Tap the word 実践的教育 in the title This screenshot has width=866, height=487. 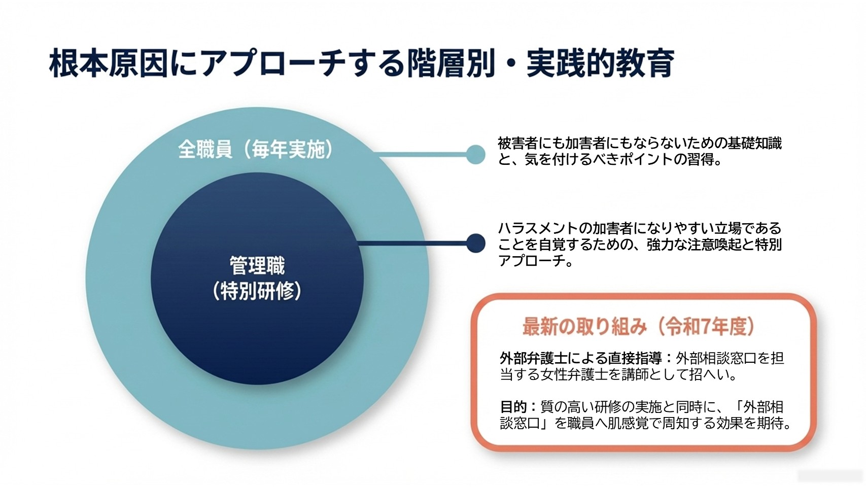[x=600, y=63]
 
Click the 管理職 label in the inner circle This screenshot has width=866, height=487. [x=257, y=265]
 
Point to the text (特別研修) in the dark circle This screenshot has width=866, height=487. [x=257, y=291]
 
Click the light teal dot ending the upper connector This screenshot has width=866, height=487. [x=475, y=154]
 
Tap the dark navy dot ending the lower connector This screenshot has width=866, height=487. [x=475, y=243]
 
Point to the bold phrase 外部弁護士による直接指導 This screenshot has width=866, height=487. [x=581, y=359]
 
